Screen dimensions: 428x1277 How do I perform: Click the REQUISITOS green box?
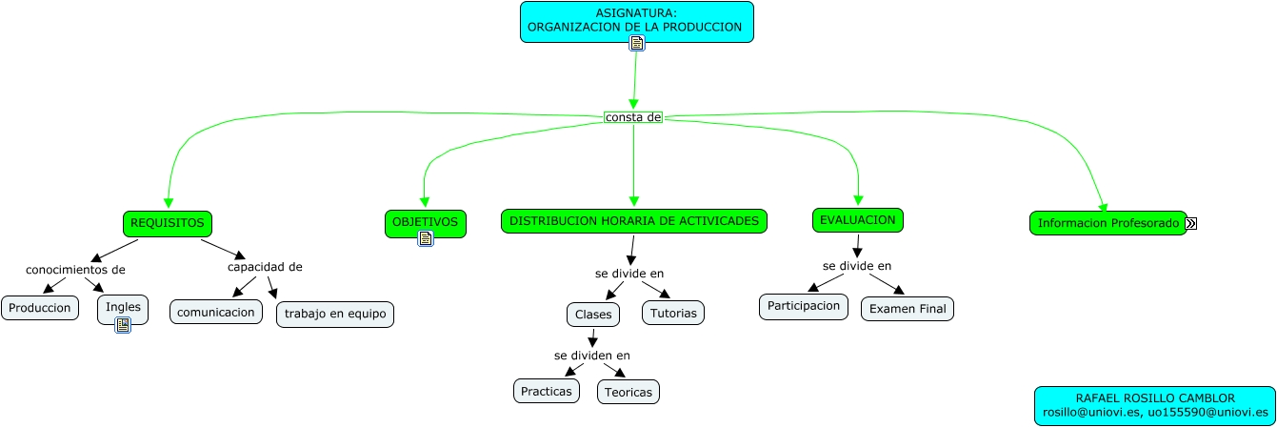[168, 223]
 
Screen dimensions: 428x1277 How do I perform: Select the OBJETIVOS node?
[426, 222]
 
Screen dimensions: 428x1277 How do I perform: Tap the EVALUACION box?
[858, 220]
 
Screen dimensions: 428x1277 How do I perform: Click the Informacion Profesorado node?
[1107, 223]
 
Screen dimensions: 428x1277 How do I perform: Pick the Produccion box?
[40, 308]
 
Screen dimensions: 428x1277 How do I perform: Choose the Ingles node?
[123, 307]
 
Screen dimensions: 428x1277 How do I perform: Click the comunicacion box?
[216, 312]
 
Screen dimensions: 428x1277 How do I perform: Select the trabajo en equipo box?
[335, 314]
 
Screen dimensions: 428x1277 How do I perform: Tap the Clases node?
[593, 314]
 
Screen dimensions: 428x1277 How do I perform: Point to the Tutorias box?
[674, 313]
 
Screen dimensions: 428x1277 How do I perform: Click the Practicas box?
[547, 391]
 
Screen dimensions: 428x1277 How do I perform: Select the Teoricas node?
[629, 392]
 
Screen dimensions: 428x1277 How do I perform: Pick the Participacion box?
[804, 306]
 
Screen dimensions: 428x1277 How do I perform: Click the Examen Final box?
[908, 309]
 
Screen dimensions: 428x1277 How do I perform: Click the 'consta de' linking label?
[633, 117]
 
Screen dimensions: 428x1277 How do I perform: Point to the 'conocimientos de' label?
[75, 270]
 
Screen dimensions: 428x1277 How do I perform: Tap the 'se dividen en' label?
[592, 356]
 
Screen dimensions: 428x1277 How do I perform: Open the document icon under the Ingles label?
[123, 325]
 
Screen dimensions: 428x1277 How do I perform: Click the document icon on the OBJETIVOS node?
[426, 238]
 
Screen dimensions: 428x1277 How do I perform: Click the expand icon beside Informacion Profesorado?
[1191, 223]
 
